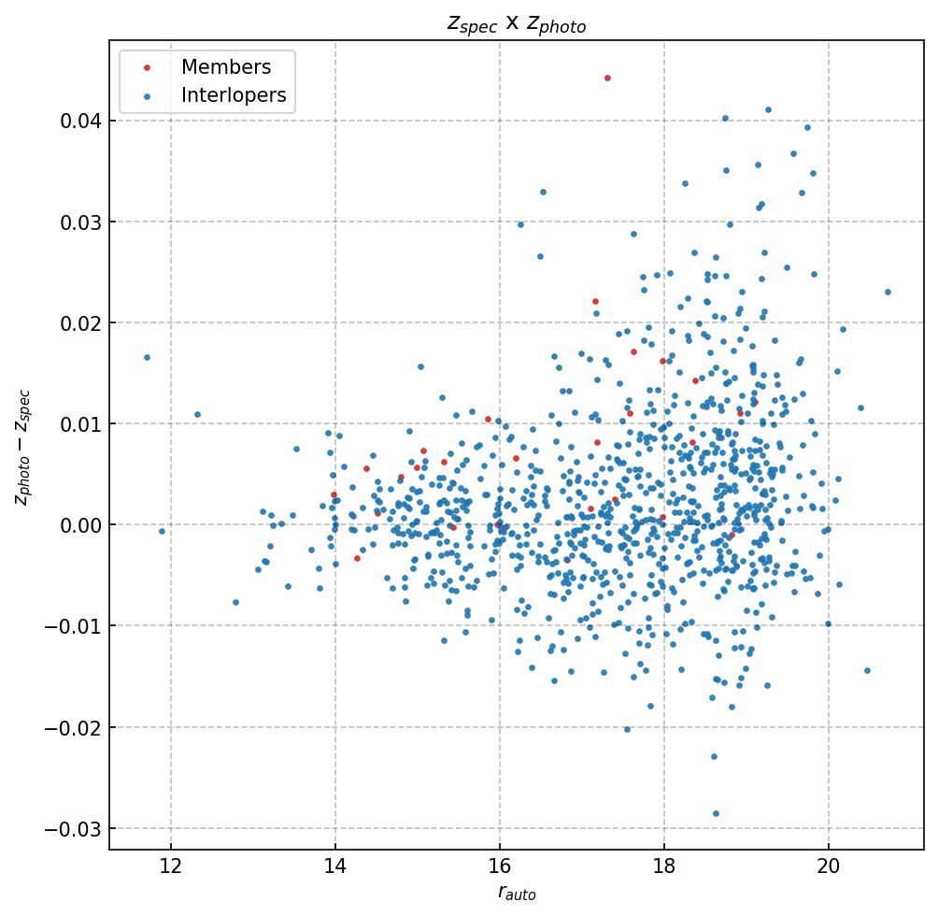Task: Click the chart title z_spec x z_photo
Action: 517,24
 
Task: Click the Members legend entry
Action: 226,67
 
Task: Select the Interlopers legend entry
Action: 234,95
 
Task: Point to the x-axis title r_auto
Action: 517,894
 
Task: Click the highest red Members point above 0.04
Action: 607,78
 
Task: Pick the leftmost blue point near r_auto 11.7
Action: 147,357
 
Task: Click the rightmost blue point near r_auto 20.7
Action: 888,292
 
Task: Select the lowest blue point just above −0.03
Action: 716,813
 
